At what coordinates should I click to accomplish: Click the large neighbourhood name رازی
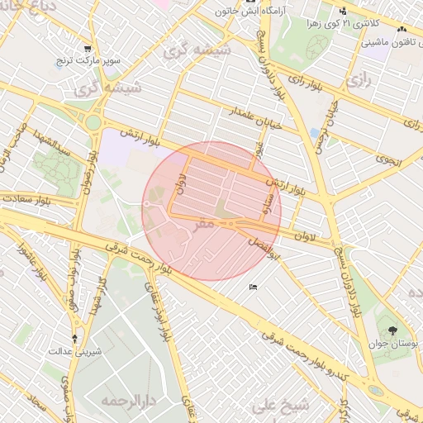[358, 81]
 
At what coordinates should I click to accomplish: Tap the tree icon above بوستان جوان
[392, 330]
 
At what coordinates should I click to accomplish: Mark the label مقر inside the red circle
[202, 224]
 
